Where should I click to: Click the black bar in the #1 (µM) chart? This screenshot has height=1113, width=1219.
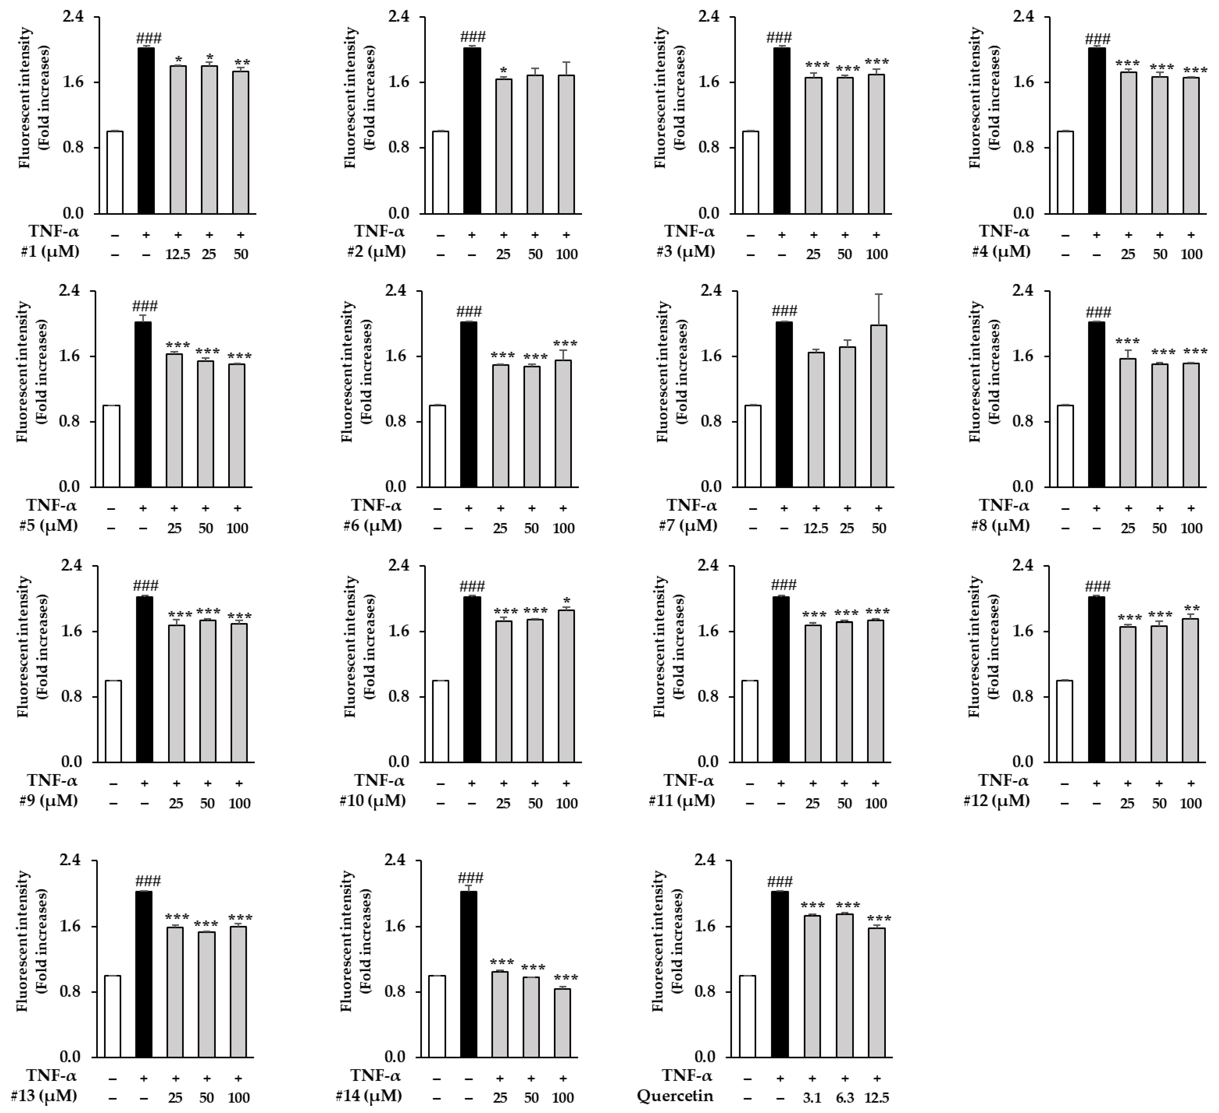tap(146, 130)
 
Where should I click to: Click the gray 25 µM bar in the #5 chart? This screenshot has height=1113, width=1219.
tap(174, 420)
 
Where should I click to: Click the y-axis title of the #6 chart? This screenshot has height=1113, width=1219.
tap(355, 372)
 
